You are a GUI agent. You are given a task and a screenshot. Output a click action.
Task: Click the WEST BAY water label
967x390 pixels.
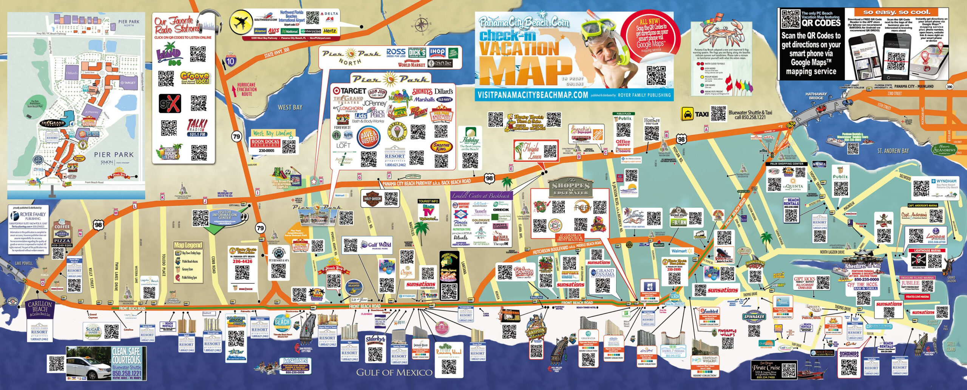tap(290, 108)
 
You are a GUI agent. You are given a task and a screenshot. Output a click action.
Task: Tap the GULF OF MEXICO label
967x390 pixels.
tap(394, 373)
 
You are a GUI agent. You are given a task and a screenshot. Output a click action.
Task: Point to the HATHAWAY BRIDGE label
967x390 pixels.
tap(816, 96)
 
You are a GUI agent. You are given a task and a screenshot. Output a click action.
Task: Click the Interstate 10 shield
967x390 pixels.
tap(230, 60)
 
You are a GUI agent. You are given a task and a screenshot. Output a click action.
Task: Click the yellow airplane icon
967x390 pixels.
tap(241, 23)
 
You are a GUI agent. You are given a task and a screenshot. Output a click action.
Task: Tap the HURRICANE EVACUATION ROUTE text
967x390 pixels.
tap(247, 89)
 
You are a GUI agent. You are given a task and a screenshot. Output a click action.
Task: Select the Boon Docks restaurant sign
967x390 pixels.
tap(265, 143)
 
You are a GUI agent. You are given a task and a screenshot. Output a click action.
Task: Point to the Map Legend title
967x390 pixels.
tap(188, 245)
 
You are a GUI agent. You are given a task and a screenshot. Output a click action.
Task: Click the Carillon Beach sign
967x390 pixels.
tap(40, 308)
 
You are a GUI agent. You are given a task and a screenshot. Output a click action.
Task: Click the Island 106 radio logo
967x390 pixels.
tap(168, 56)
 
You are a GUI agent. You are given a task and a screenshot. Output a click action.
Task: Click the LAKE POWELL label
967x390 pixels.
tap(24, 263)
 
